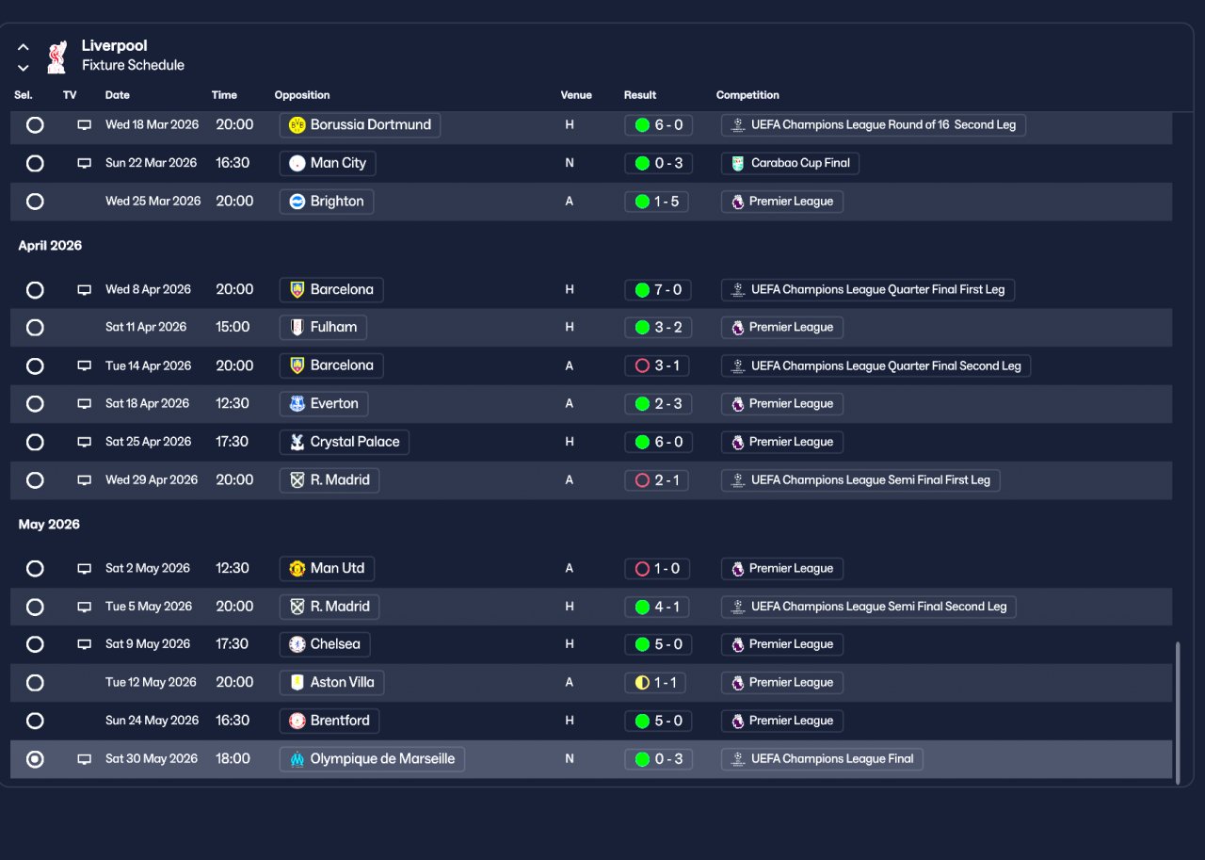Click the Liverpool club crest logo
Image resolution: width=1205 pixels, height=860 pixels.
(56, 57)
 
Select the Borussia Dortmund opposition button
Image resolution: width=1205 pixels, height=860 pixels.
(360, 125)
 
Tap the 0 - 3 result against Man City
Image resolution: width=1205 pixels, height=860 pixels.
(658, 163)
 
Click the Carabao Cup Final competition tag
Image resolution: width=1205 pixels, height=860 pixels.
(790, 163)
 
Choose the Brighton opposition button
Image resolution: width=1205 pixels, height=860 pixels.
(327, 202)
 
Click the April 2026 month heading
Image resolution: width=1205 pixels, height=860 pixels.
(50, 246)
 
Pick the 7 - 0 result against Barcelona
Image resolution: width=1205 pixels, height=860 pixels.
(658, 289)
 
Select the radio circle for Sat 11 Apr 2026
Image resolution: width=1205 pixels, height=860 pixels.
(35, 327)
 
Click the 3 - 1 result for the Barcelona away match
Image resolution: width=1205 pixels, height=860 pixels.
(657, 366)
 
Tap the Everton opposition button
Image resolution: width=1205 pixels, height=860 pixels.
(324, 404)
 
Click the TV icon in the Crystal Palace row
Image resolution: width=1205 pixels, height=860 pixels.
(84, 442)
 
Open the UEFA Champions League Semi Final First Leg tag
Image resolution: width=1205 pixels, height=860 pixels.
(860, 480)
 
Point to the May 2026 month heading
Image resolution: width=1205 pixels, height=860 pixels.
(49, 524)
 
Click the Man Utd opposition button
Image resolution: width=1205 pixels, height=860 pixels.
(327, 568)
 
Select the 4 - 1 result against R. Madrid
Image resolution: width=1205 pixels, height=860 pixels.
(657, 607)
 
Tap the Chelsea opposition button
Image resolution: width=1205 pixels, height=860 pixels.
(325, 644)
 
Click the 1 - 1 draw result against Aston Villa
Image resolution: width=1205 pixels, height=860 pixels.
(656, 683)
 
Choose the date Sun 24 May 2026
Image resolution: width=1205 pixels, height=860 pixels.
(153, 720)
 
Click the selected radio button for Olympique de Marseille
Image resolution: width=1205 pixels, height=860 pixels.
(35, 759)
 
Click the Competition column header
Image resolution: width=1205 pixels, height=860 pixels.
(747, 95)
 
